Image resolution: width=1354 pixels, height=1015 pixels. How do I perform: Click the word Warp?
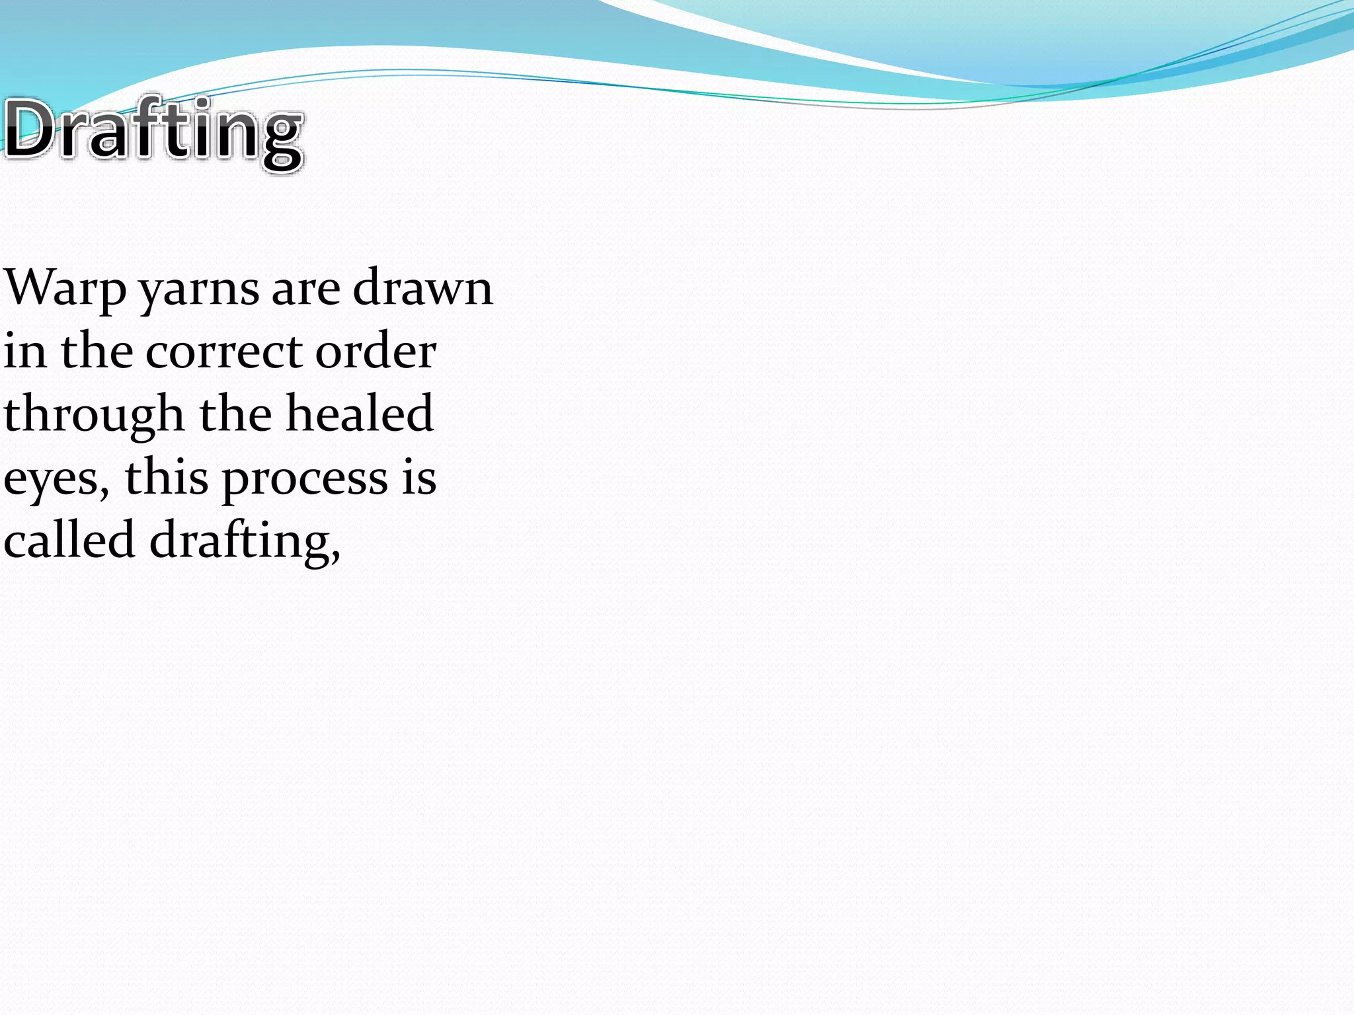click(65, 288)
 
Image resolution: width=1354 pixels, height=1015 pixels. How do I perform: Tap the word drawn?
click(422, 288)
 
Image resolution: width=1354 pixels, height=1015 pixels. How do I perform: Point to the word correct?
click(224, 352)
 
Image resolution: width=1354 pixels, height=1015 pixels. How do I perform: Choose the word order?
click(375, 351)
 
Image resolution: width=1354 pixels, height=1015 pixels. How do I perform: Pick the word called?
click(69, 539)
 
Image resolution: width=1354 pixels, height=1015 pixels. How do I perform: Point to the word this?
click(167, 477)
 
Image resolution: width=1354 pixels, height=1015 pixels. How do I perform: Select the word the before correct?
click(97, 351)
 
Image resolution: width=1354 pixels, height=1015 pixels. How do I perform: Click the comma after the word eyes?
click(104, 492)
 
